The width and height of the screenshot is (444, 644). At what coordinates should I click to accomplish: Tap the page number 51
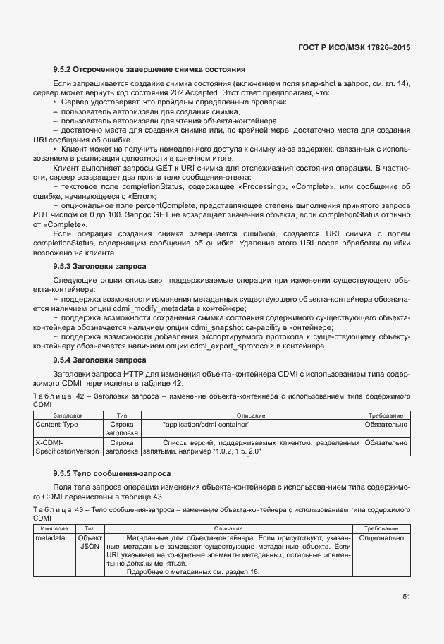[x=406, y=596]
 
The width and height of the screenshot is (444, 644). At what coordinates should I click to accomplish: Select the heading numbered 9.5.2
[x=149, y=70]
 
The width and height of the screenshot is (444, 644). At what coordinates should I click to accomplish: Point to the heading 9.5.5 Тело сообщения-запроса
[x=112, y=473]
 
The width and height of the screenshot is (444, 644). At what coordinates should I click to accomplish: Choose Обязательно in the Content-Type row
[x=384, y=425]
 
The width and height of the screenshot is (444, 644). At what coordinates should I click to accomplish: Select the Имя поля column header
[x=54, y=528]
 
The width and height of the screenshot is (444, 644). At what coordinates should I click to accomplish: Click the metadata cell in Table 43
[x=49, y=538]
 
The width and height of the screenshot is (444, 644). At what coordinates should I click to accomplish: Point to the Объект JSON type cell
[x=90, y=542]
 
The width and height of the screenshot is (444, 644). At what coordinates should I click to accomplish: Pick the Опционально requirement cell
[x=381, y=538]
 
